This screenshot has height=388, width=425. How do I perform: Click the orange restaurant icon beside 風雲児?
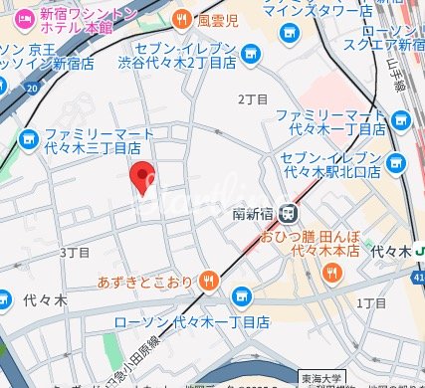(x=181, y=18)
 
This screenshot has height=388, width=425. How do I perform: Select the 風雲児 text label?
(x=217, y=18)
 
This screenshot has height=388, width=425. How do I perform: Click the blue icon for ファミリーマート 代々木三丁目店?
(x=26, y=138)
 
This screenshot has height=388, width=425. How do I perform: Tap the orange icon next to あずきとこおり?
(x=208, y=281)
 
